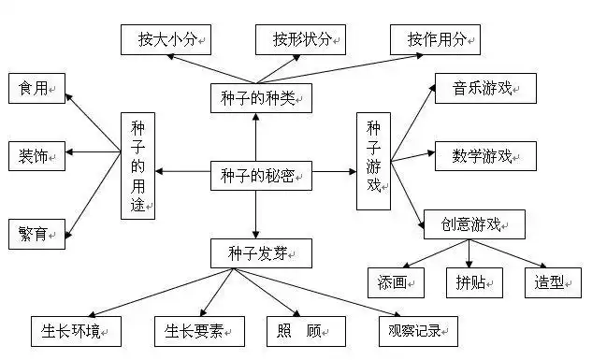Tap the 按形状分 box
coord(300,39)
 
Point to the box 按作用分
coord(435,39)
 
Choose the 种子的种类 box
coord(255,97)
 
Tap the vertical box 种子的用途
coord(137,165)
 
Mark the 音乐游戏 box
coord(485,89)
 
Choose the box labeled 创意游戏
coord(474,224)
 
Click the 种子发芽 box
coord(255,252)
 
